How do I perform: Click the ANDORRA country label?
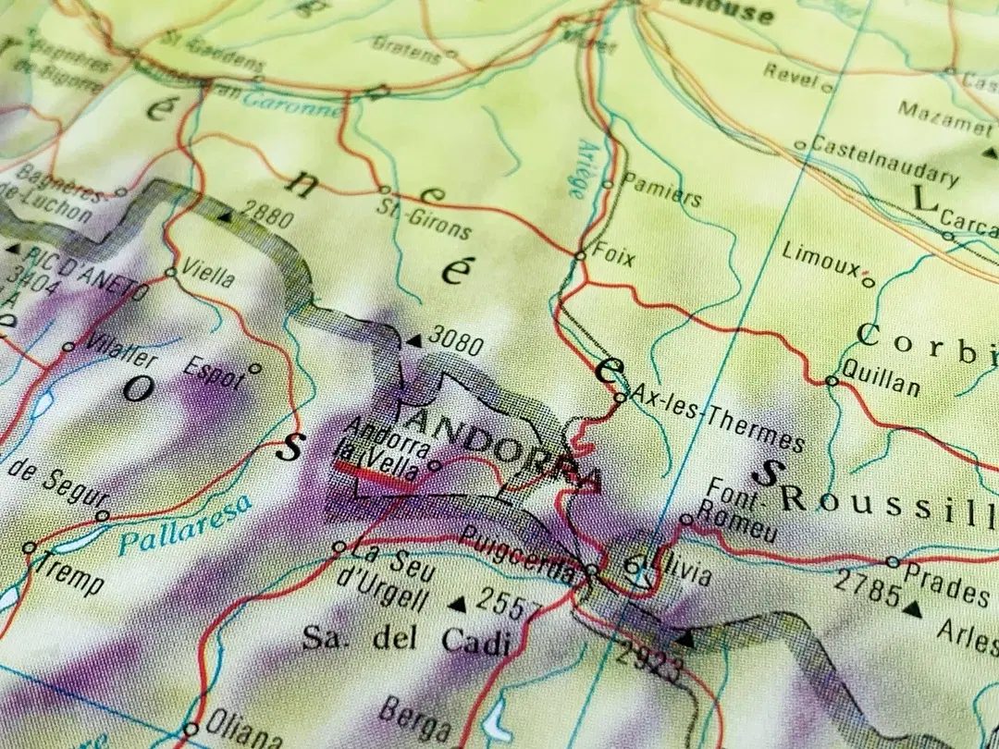504,446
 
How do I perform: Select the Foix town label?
613,255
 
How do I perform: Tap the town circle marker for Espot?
255,368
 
